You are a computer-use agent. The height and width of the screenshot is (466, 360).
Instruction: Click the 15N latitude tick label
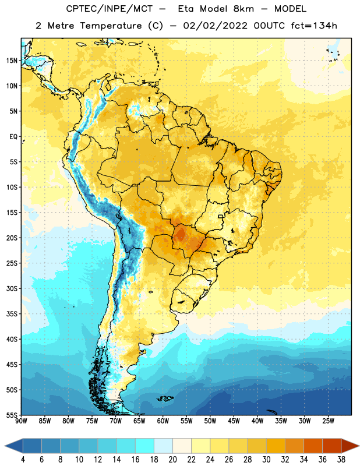(12, 61)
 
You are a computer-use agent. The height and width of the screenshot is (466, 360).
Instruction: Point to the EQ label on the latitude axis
(13, 137)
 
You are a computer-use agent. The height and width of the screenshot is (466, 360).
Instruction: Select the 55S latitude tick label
(12, 415)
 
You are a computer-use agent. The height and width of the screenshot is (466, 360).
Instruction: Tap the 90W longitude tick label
(21, 421)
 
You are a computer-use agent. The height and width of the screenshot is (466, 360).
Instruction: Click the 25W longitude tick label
(328, 421)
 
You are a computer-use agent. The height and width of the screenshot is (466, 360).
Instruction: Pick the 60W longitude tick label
(163, 421)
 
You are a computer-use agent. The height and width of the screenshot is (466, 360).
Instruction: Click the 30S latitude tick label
(12, 288)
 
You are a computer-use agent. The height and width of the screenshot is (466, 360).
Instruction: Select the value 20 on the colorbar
(172, 460)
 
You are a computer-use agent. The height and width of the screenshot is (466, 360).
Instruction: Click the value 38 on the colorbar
(341, 460)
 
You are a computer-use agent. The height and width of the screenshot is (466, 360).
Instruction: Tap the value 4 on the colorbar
(23, 460)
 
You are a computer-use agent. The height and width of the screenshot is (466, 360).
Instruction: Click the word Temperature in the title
(111, 26)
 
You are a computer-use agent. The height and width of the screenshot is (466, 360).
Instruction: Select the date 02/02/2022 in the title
(215, 26)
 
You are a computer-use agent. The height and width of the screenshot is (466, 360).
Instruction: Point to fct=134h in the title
(314, 26)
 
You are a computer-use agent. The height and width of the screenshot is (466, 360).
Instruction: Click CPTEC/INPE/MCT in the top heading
(110, 9)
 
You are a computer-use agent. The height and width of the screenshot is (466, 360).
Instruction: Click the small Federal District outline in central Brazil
(221, 216)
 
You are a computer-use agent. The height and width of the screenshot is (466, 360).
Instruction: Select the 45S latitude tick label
(12, 365)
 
